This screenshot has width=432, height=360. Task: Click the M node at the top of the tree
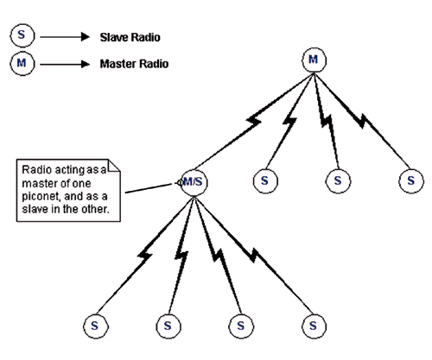[314, 60]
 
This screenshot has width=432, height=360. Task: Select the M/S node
[194, 182]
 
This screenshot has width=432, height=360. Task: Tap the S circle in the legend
[22, 35]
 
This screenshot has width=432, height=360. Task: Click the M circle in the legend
[22, 63]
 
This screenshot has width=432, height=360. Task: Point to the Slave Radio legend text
[130, 37]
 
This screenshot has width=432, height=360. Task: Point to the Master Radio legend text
[134, 64]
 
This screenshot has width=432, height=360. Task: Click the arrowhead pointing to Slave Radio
[86, 37]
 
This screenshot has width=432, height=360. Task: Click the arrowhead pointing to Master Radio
[86, 64]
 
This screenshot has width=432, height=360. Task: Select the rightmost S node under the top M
[411, 181]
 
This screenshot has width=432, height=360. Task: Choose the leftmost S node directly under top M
[265, 181]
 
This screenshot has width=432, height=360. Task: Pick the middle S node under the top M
[338, 181]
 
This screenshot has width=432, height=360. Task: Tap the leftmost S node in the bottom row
[96, 326]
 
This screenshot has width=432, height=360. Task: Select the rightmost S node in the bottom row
[314, 326]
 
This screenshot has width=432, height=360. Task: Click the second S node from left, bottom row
[168, 326]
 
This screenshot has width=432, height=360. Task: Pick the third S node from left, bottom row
[241, 326]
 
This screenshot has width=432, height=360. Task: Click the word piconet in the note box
[41, 197]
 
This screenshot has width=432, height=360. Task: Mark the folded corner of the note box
[114, 166]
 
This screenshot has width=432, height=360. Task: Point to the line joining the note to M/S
[150, 188]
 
